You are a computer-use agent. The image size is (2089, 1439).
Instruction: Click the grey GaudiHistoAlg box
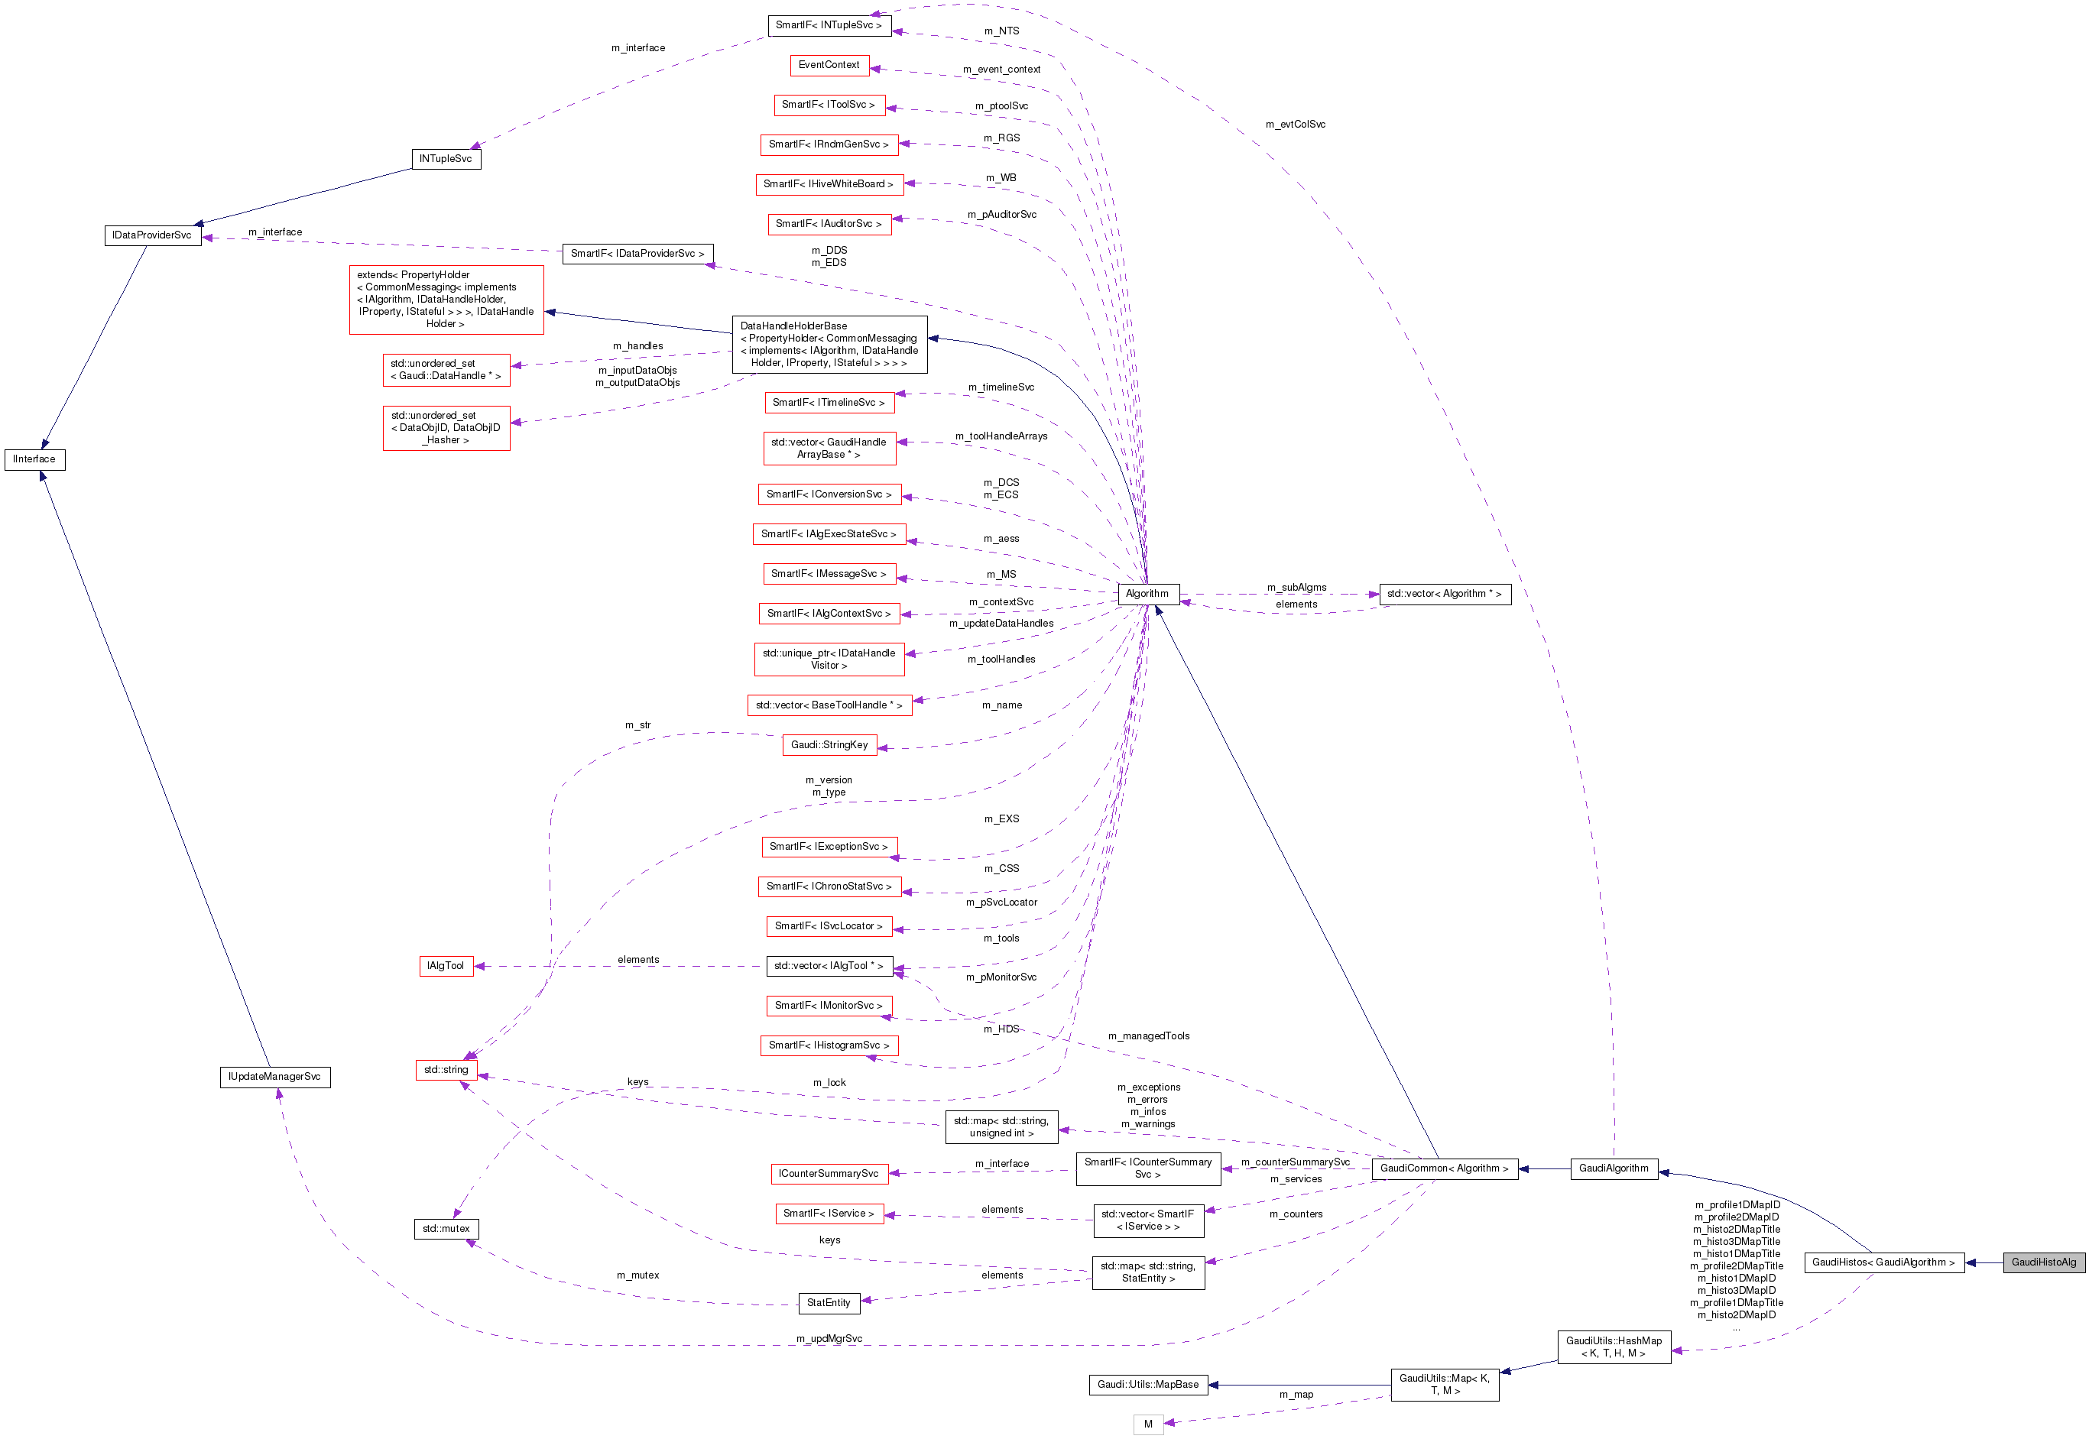[x=2043, y=1262]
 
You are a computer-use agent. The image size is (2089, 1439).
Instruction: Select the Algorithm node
[x=1147, y=593]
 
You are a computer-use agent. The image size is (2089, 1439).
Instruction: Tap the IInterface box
[x=34, y=459]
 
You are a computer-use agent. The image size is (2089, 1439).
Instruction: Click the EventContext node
[x=829, y=65]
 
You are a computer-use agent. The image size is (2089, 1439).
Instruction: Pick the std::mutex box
[x=446, y=1228]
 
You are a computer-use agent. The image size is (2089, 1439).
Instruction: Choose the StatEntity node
[x=829, y=1302]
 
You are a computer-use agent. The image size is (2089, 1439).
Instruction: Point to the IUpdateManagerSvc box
[x=274, y=1077]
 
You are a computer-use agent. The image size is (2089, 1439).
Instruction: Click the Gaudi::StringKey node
[x=829, y=745]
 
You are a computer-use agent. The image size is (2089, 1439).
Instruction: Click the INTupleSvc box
[x=446, y=159]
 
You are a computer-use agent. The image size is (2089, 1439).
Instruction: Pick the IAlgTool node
[x=446, y=966]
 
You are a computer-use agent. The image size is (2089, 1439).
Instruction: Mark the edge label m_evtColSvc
[x=1295, y=125]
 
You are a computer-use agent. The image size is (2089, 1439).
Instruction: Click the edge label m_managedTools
[x=1148, y=1036]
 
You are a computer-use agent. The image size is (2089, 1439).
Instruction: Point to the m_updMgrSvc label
[x=829, y=1338]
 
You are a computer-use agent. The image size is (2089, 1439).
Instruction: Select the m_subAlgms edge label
[x=1296, y=587]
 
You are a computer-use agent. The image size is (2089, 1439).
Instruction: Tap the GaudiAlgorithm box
[x=1613, y=1168]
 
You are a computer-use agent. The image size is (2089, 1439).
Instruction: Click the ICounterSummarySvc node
[x=829, y=1173]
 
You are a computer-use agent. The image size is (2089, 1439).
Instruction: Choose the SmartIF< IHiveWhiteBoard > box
[x=828, y=184]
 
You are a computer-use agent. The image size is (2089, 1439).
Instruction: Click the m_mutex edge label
[x=637, y=1275]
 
